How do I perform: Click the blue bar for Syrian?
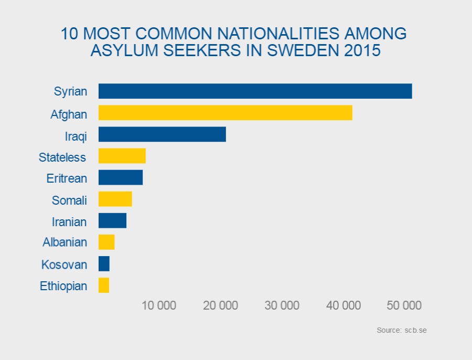[x=255, y=91]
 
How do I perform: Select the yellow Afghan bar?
[x=225, y=113]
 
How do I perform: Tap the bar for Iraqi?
[x=162, y=134]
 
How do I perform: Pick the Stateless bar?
[x=122, y=156]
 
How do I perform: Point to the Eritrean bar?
[x=121, y=178]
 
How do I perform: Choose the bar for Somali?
[x=115, y=199]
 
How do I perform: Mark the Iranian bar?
[x=112, y=221]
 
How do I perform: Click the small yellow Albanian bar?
[x=106, y=242]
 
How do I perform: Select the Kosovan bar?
[x=104, y=264]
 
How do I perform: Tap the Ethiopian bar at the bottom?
[x=104, y=285]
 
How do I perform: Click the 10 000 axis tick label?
[x=159, y=305]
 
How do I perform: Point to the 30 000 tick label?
[x=282, y=305]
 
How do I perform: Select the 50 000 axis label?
[x=404, y=305]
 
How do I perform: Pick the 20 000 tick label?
[x=220, y=305]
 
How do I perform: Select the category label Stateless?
[x=62, y=157]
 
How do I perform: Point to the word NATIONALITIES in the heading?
[x=268, y=33]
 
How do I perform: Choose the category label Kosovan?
[x=64, y=264]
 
